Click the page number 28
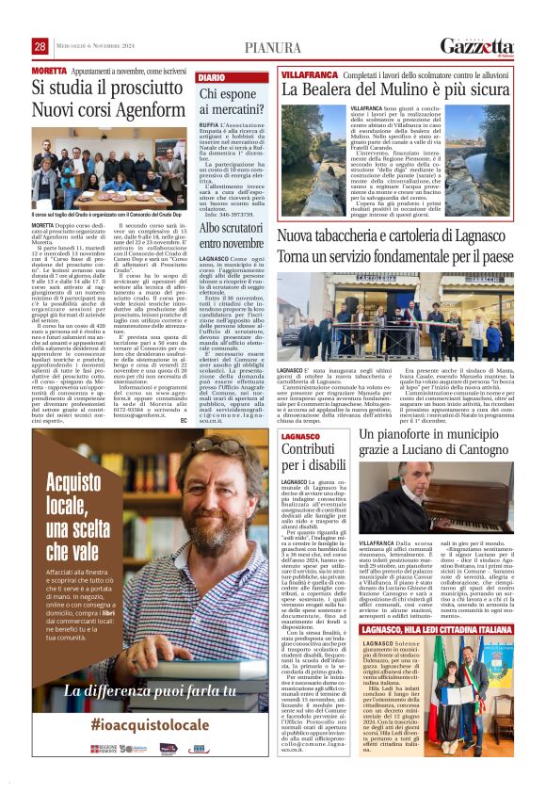coord(40,46)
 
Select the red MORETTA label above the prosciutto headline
coord(49,71)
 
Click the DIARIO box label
coord(212,76)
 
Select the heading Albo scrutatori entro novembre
coord(231,236)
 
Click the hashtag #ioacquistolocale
coord(150,723)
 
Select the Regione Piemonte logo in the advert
coord(104,749)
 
